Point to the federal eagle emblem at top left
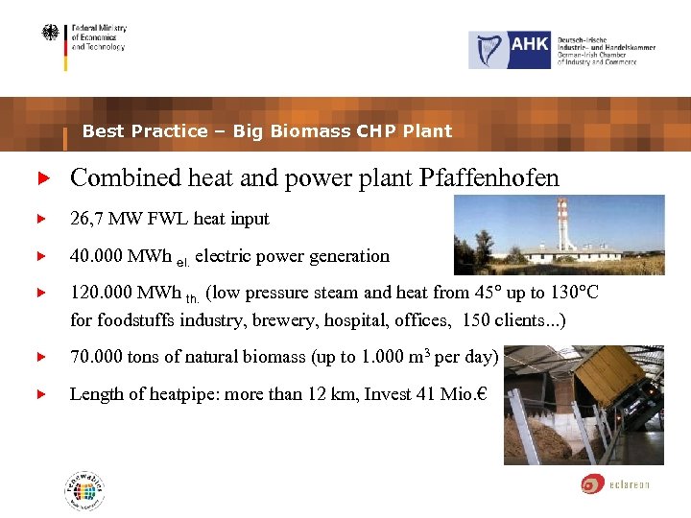click(50, 34)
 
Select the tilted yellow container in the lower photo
click(614, 384)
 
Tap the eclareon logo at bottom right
click(615, 483)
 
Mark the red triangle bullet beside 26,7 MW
click(40, 219)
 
